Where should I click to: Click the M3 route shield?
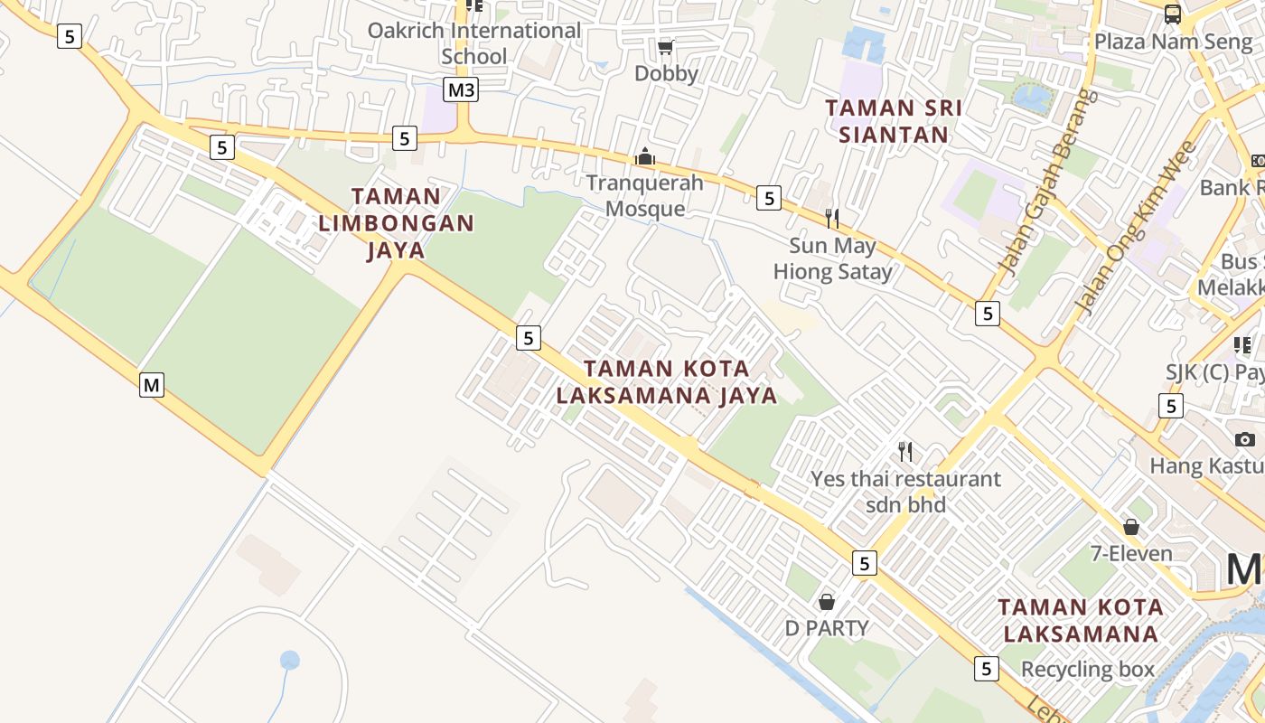click(461, 90)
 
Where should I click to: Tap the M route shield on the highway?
click(152, 385)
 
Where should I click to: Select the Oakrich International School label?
click(473, 42)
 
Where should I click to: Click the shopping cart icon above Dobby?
click(666, 47)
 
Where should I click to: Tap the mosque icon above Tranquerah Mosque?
click(644, 156)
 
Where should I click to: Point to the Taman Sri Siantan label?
click(893, 121)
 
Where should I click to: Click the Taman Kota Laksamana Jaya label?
click(666, 382)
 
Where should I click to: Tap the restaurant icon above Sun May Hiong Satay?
click(832, 218)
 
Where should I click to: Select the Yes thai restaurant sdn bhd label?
click(905, 491)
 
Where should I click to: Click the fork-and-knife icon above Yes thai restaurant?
click(905, 451)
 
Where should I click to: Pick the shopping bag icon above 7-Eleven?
click(1130, 527)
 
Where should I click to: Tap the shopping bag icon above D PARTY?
click(826, 601)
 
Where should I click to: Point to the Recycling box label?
click(1088, 669)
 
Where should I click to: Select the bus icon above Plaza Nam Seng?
click(1172, 14)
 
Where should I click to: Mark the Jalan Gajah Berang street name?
click(1048, 181)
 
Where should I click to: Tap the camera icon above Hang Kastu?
click(1245, 439)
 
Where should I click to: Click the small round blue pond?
click(289, 660)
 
